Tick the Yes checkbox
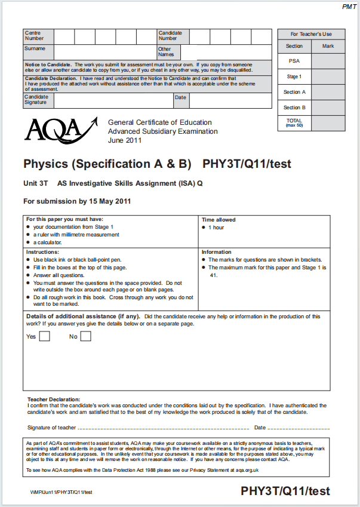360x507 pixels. (x=45, y=336)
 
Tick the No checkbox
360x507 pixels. (x=85, y=336)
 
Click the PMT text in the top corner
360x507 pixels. (x=349, y=7)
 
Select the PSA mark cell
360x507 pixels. (x=328, y=61)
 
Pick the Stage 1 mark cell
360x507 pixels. (x=328, y=76)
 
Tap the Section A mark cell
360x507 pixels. (x=328, y=92)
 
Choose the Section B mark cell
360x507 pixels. (x=328, y=107)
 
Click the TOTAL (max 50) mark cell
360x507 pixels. (x=328, y=123)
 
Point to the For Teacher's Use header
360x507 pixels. (x=311, y=34)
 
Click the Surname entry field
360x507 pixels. (x=105, y=52)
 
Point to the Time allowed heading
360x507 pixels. (x=219, y=220)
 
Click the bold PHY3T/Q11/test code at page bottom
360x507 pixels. (x=285, y=491)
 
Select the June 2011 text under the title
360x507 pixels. (x=125, y=141)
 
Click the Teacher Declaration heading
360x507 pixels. (x=54, y=399)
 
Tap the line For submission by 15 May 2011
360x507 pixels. (x=77, y=201)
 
